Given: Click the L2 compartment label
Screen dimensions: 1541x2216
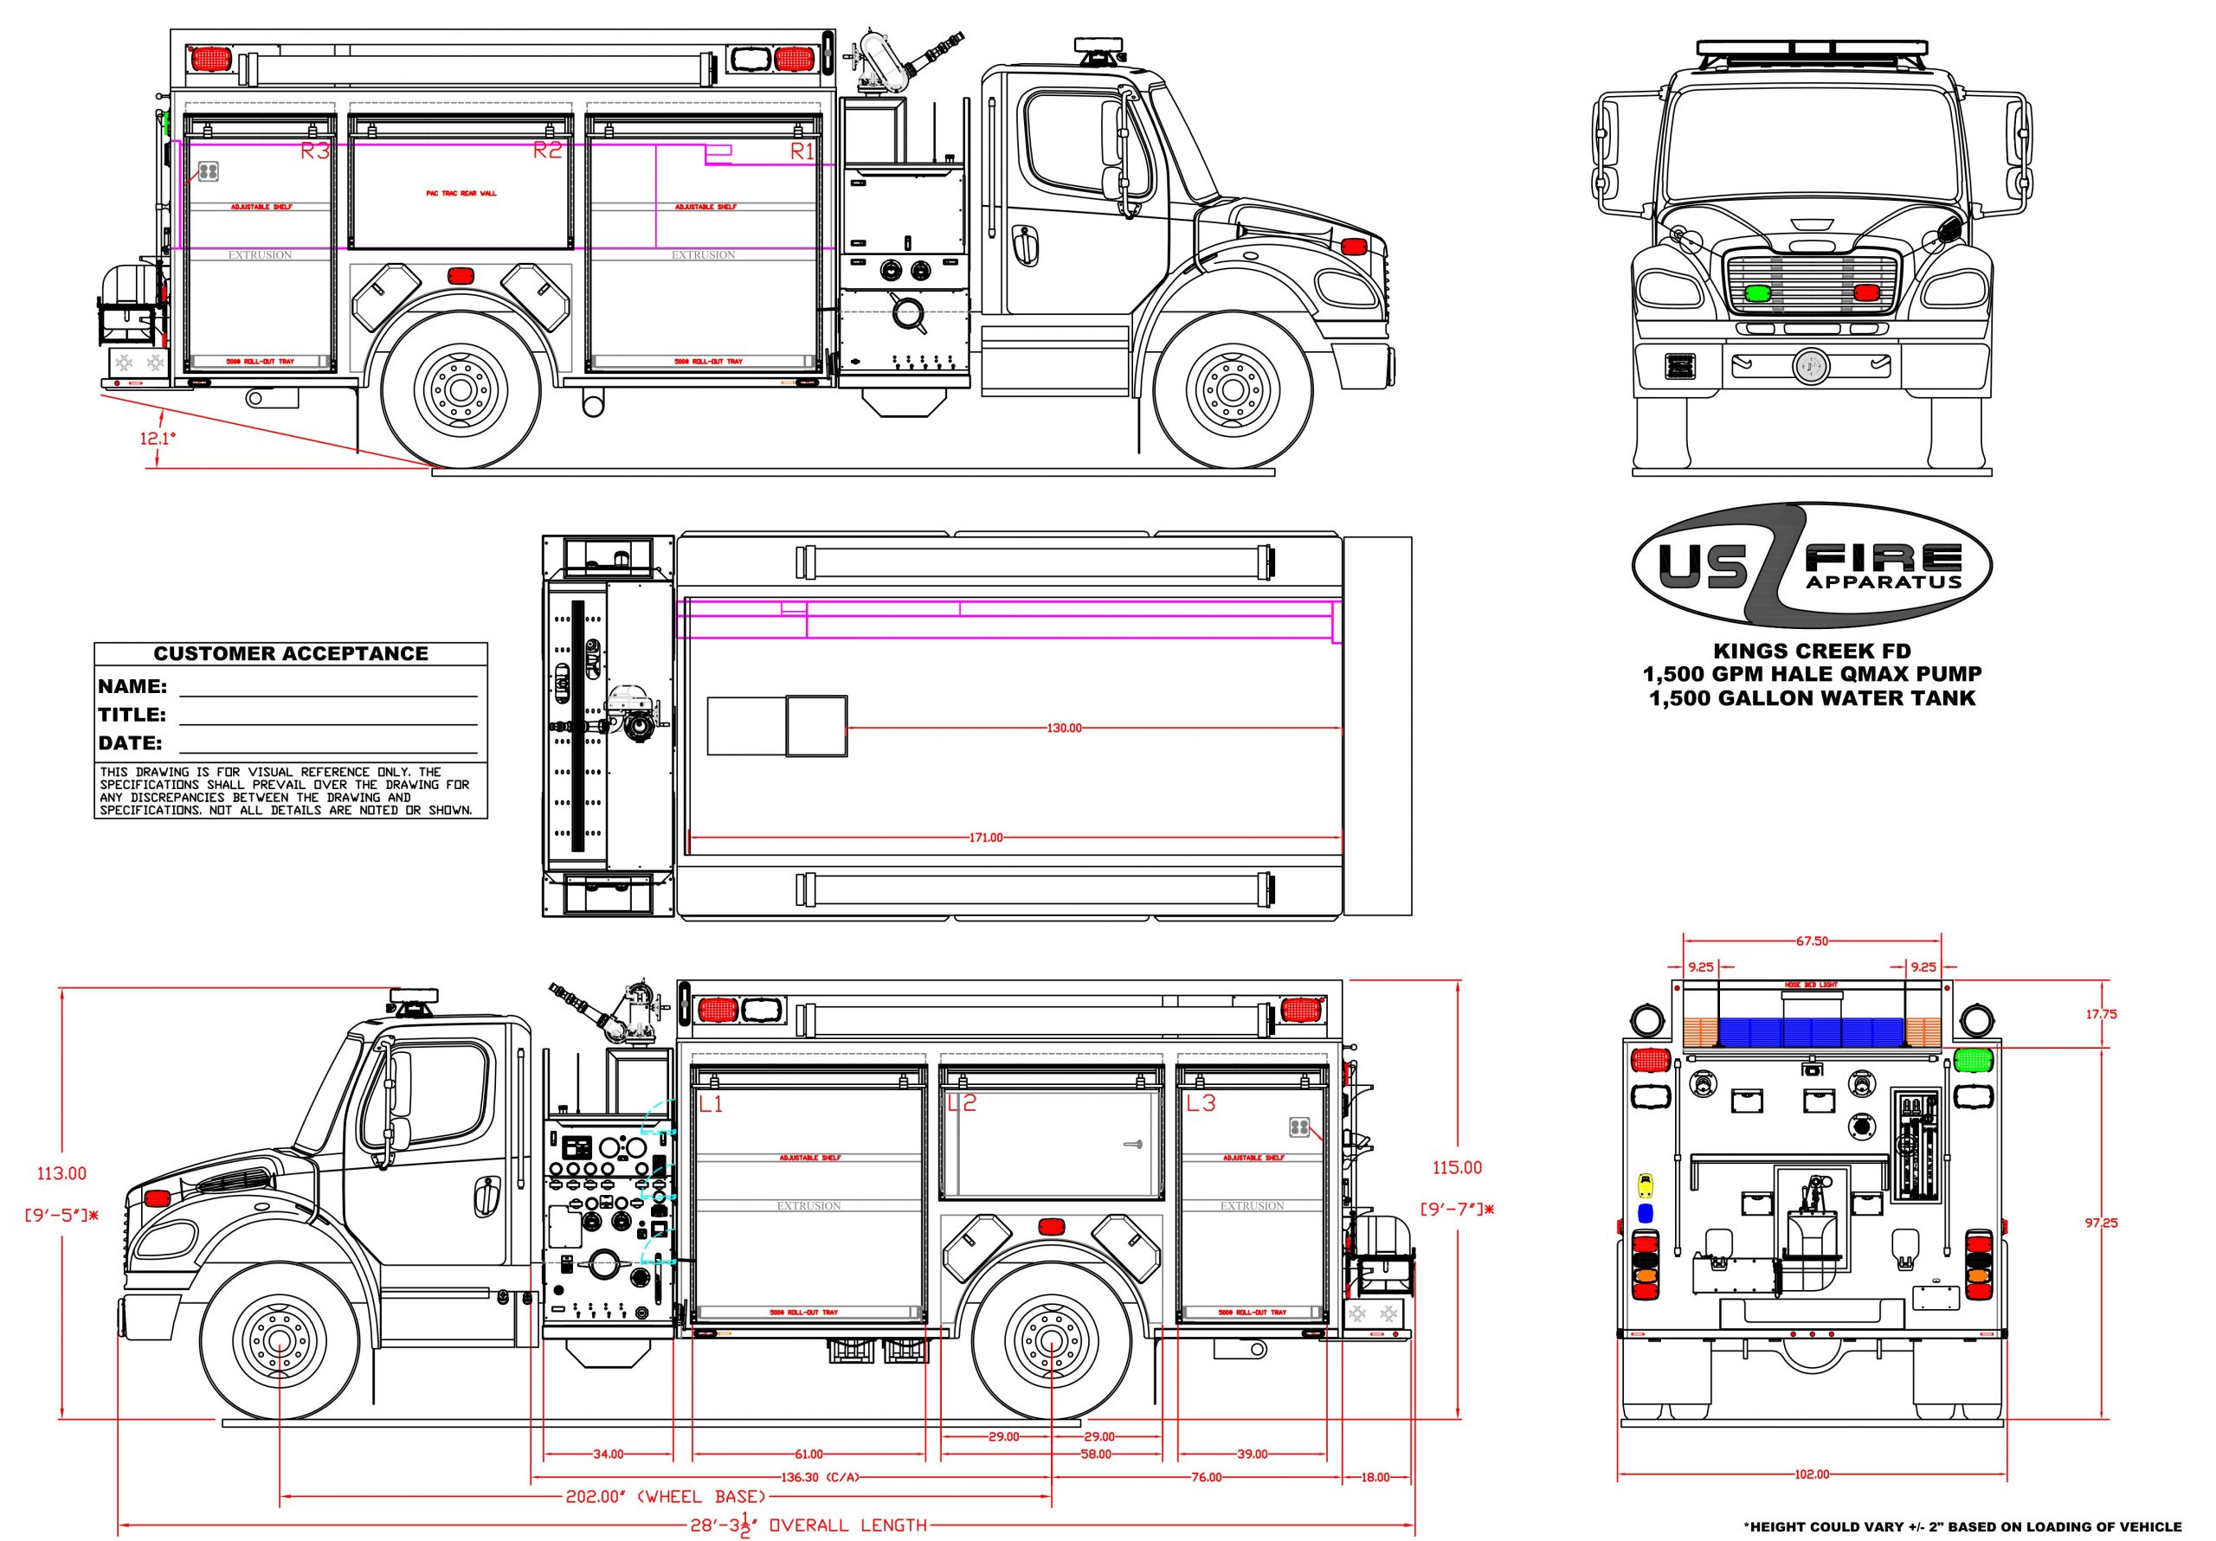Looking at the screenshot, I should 963,1103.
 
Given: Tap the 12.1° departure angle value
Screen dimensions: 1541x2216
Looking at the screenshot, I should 158,438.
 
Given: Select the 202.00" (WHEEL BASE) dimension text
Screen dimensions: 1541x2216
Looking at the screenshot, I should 666,1497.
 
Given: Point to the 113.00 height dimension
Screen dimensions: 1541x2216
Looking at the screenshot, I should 61,1173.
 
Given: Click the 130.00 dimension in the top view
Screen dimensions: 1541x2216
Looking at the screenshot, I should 1065,728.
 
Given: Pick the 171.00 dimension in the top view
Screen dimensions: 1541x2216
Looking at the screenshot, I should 985,838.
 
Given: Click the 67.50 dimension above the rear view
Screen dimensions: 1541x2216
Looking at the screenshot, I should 1812,941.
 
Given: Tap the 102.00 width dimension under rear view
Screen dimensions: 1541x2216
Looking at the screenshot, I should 1812,1474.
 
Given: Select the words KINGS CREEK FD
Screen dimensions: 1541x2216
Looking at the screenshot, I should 1812,652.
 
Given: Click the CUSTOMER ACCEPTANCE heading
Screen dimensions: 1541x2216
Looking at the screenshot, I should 291,653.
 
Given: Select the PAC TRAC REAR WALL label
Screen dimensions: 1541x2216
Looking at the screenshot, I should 461,193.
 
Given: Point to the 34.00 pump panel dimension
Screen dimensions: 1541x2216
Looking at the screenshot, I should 608,1454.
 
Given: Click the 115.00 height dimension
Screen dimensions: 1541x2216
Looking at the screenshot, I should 1457,1167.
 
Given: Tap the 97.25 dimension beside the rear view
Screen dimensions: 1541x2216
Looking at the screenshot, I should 2101,1223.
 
